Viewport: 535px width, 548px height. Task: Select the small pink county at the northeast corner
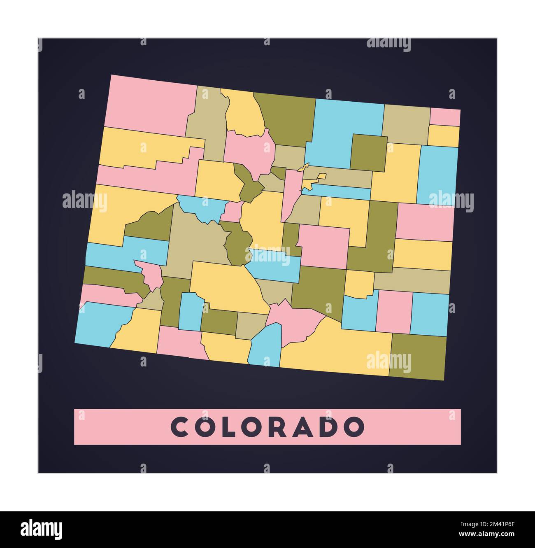pyautogui.click(x=445, y=117)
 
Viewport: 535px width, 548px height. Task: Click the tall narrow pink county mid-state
pyautogui.click(x=291, y=194)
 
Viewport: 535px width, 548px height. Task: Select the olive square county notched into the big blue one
pyautogui.click(x=368, y=152)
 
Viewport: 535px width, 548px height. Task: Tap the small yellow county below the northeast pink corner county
pyautogui.click(x=444, y=135)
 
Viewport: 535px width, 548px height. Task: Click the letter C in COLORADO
pyautogui.click(x=179, y=427)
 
